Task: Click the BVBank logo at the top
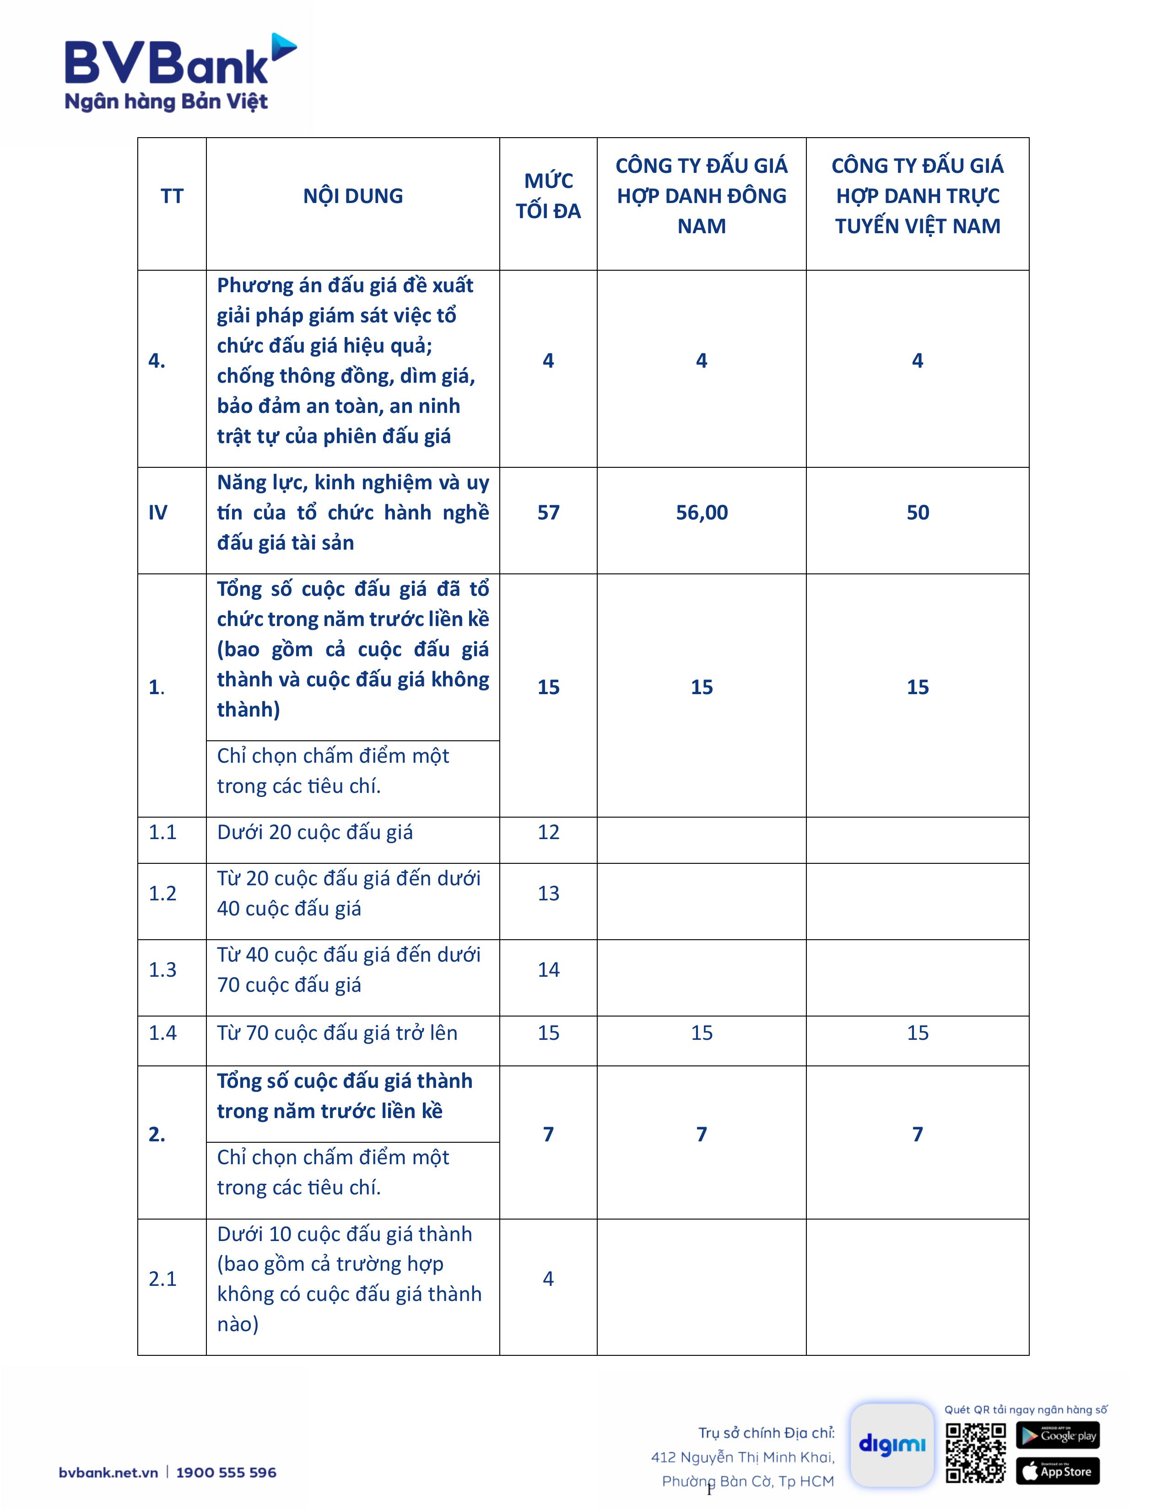(180, 73)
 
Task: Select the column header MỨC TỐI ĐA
(548, 196)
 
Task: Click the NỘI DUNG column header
(352, 196)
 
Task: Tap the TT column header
(172, 196)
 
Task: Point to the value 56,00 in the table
(702, 513)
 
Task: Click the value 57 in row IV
(548, 513)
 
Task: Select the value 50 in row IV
(918, 513)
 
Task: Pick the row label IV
(157, 513)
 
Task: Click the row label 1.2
(162, 894)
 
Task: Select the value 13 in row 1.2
(548, 894)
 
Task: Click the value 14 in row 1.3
(548, 970)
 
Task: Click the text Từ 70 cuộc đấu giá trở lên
(337, 1033)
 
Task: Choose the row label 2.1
(162, 1279)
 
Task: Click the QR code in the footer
(976, 1453)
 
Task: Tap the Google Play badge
(1058, 1435)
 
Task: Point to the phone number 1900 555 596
(226, 1472)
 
